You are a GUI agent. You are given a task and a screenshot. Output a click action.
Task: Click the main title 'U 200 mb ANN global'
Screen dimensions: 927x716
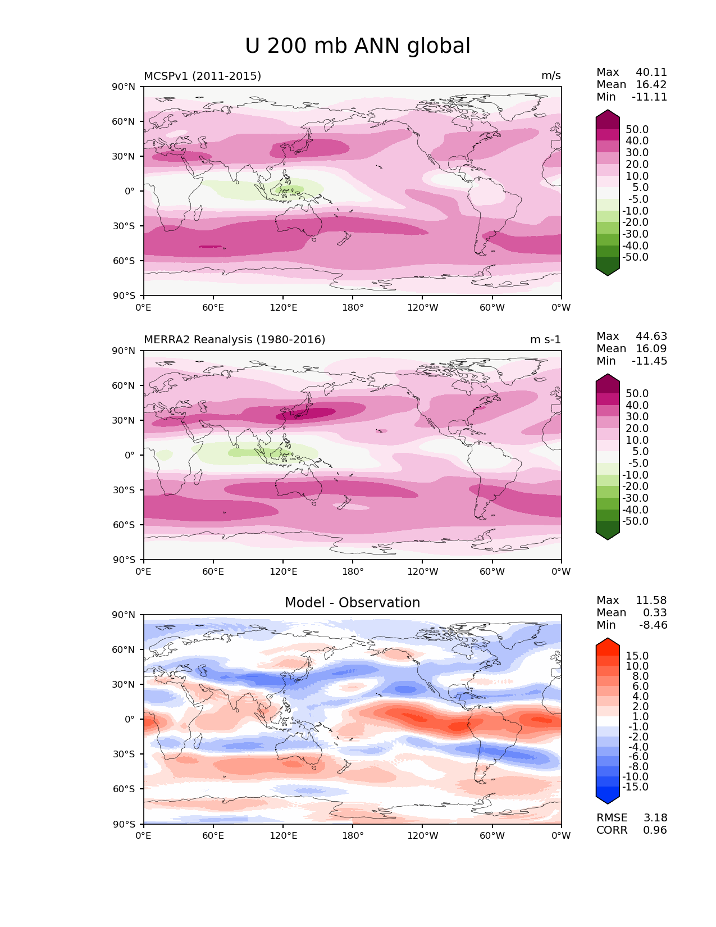click(358, 46)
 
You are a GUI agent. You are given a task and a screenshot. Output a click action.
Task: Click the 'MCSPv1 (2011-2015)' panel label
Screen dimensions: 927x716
click(202, 76)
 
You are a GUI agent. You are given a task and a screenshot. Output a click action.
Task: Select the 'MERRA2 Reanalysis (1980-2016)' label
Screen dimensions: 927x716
click(234, 340)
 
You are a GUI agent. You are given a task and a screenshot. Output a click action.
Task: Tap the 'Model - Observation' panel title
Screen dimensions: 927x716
click(352, 603)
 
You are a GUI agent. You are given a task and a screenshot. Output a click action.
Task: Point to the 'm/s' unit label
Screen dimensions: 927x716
click(551, 76)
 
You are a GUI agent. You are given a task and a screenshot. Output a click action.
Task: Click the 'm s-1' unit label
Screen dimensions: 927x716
click(545, 340)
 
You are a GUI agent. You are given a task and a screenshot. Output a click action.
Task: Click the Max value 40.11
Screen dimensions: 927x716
click(651, 72)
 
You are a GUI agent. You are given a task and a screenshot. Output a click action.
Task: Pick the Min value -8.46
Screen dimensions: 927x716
click(653, 625)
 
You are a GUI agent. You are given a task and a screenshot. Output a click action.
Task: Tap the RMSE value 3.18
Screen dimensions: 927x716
click(655, 818)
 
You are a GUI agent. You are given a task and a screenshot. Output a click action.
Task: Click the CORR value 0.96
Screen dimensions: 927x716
click(655, 830)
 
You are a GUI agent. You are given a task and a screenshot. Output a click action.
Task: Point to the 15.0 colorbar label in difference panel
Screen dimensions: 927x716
click(637, 656)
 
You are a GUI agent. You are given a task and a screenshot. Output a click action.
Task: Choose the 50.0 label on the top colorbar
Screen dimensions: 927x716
click(637, 130)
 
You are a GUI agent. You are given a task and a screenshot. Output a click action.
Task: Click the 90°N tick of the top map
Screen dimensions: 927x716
click(124, 87)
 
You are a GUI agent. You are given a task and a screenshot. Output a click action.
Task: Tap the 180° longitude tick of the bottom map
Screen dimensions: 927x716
click(353, 836)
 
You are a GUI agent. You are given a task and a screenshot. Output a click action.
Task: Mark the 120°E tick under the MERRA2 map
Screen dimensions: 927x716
click(283, 572)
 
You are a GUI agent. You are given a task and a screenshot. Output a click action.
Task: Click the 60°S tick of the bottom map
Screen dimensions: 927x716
click(124, 789)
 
